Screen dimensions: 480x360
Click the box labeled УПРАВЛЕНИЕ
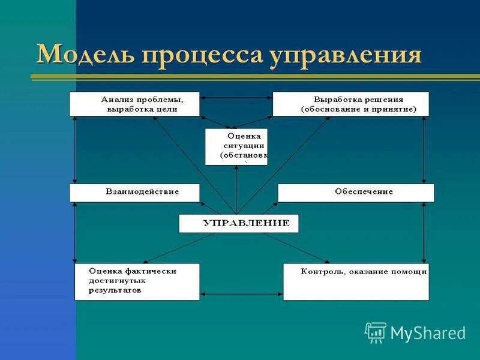[238, 223]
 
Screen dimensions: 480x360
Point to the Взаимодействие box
[134, 192]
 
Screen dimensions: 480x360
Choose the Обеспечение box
[356, 192]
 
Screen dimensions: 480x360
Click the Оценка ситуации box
[236, 146]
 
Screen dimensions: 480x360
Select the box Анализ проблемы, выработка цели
[134, 104]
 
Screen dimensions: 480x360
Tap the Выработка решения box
[350, 104]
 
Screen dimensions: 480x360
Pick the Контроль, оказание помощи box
[356, 281]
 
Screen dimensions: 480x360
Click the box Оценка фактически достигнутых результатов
[137, 281]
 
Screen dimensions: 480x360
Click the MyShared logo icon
[376, 332]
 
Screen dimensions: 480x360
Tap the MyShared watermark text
[428, 333]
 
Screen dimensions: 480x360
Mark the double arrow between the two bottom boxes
[241, 294]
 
